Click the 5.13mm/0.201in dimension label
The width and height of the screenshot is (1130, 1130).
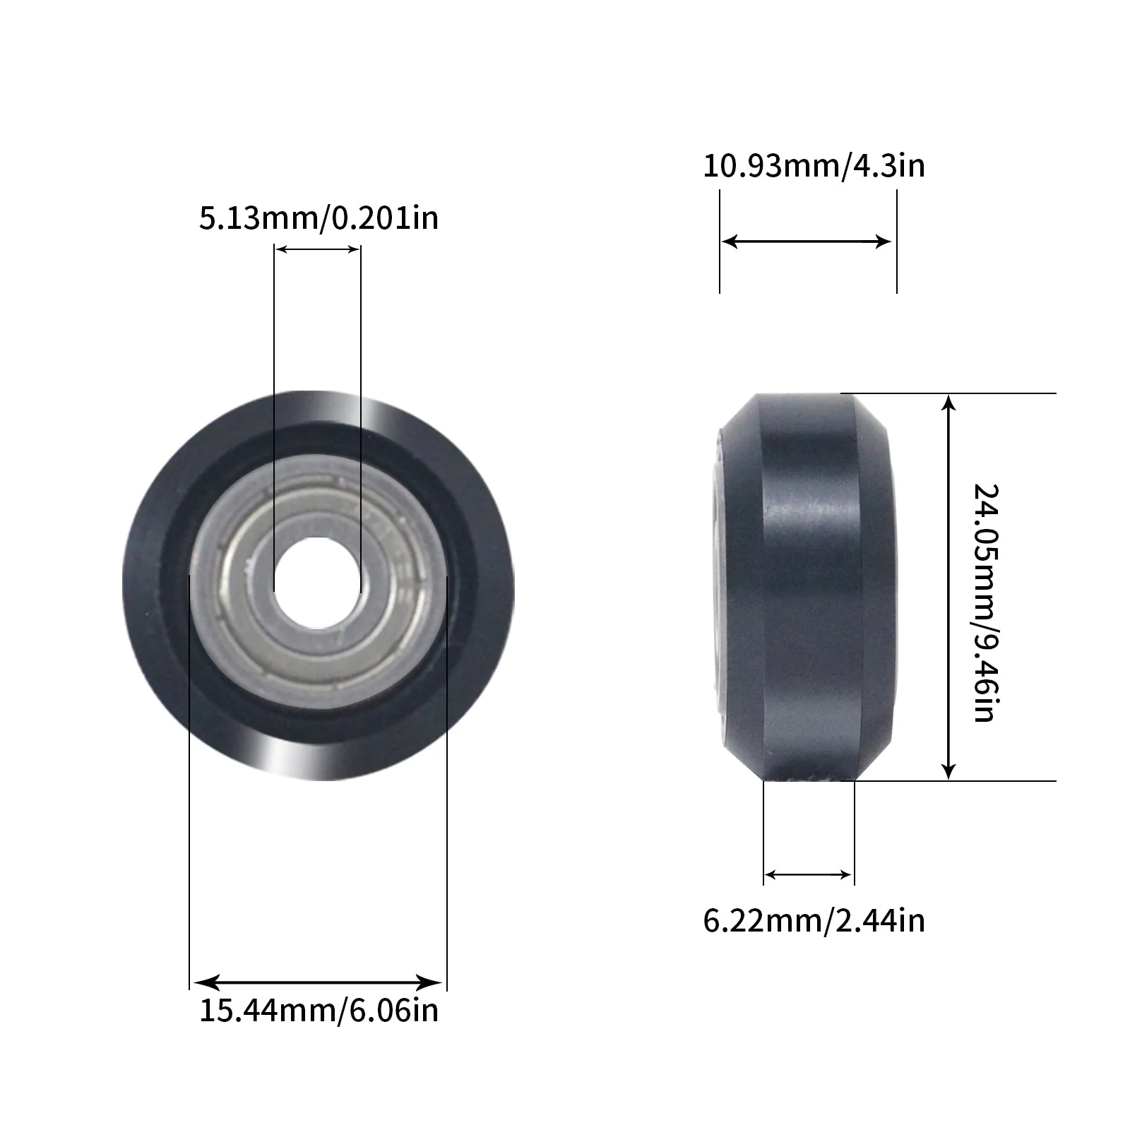pos(319,218)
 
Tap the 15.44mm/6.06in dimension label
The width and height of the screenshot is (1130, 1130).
pos(319,1011)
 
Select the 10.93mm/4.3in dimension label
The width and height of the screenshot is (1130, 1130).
pos(814,167)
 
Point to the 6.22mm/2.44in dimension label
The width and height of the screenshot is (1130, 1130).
pos(814,921)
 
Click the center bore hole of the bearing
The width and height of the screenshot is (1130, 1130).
pos(316,586)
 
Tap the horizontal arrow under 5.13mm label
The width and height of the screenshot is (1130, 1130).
pos(318,249)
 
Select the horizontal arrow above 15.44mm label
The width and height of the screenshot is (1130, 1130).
pos(318,982)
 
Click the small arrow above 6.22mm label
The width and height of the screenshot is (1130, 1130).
pos(808,875)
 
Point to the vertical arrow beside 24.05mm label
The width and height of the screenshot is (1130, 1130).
pos(949,586)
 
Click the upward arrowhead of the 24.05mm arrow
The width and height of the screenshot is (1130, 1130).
pos(949,403)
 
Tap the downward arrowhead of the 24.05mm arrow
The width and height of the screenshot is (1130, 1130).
pos(949,771)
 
